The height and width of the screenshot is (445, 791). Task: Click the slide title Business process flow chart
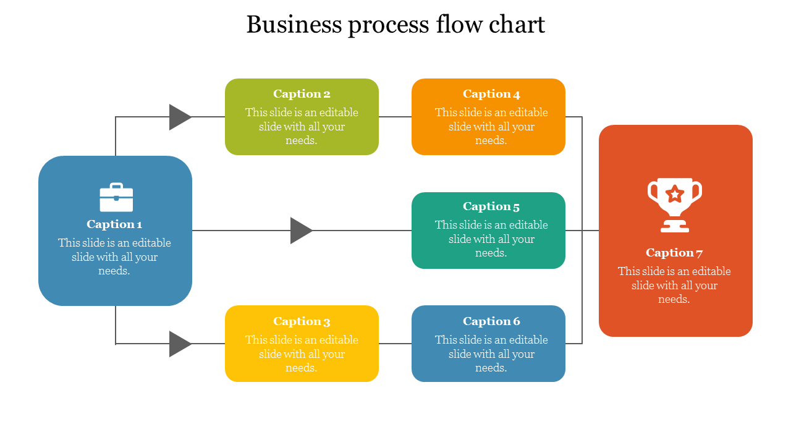click(395, 25)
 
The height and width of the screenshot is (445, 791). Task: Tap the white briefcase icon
click(116, 197)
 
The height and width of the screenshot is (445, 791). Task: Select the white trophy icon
click(675, 205)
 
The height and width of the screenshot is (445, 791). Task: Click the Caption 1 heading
click(114, 224)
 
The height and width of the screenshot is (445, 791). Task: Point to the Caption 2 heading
click(302, 94)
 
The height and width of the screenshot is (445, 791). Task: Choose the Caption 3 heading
click(302, 321)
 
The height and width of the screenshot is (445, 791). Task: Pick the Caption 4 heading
click(491, 94)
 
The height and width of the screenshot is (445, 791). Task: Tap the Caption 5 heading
click(491, 206)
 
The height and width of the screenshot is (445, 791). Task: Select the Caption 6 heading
click(491, 321)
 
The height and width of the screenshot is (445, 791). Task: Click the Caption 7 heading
click(674, 253)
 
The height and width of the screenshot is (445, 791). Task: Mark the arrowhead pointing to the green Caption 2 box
click(179, 117)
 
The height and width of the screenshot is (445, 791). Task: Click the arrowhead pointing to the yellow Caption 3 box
click(179, 344)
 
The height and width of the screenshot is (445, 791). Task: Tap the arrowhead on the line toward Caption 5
click(300, 231)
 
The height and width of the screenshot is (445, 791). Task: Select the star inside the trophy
click(675, 194)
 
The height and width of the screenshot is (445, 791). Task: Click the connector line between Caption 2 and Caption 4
click(395, 117)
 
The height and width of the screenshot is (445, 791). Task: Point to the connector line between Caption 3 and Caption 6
click(395, 344)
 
